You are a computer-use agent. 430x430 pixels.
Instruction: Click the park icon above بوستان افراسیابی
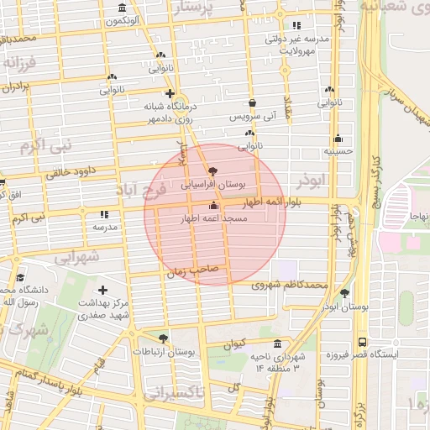213,170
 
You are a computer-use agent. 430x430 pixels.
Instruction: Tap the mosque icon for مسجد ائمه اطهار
213,206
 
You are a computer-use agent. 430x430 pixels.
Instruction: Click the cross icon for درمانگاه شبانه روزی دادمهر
170,94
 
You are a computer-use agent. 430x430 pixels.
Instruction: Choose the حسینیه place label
338,152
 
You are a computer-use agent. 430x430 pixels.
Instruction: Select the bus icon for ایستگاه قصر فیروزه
362,342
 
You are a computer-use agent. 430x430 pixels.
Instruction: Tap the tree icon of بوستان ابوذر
345,293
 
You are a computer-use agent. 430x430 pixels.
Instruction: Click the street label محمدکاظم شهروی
288,286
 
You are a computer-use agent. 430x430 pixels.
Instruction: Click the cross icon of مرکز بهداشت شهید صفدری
102,290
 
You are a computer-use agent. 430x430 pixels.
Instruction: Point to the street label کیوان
235,344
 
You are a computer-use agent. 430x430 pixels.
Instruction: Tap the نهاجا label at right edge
418,217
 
